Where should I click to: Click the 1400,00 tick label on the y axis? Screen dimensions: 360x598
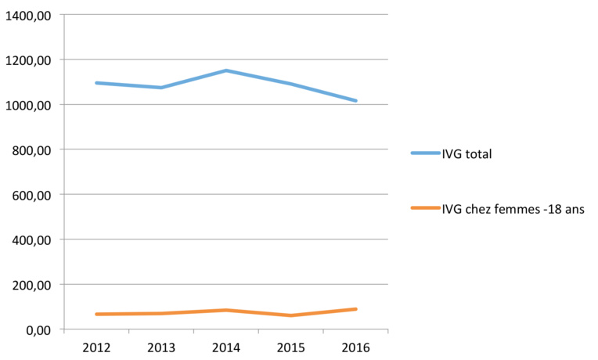pyautogui.click(x=28, y=16)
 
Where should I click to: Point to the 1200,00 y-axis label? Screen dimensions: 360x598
pyautogui.click(x=28, y=60)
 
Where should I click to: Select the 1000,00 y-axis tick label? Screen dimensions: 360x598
pyautogui.click(x=28, y=106)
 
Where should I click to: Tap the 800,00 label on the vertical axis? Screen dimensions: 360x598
pyautogui.click(x=31, y=150)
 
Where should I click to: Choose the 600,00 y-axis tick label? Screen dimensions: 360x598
pyautogui.click(x=31, y=195)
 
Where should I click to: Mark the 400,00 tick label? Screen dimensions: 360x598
pyautogui.click(x=31, y=240)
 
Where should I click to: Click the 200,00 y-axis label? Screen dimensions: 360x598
pyautogui.click(x=31, y=285)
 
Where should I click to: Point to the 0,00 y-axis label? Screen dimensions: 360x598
pyautogui.click(x=37, y=330)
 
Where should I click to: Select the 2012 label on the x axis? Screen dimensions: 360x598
pyautogui.click(x=96, y=347)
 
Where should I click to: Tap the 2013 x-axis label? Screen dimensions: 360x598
pyautogui.click(x=161, y=347)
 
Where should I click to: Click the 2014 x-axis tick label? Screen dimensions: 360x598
pyautogui.click(x=226, y=347)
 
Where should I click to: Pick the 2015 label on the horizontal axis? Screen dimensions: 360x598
pyautogui.click(x=291, y=347)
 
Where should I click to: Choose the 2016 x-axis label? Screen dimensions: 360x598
pyautogui.click(x=356, y=347)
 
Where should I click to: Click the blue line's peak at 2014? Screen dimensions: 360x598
pyautogui.click(x=226, y=70)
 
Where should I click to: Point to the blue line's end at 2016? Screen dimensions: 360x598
pyautogui.click(x=356, y=101)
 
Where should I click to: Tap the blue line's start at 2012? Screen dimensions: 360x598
pyautogui.click(x=96, y=83)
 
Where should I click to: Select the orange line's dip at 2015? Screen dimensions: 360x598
pyautogui.click(x=291, y=315)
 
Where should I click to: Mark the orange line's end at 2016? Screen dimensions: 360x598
pyautogui.click(x=356, y=309)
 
